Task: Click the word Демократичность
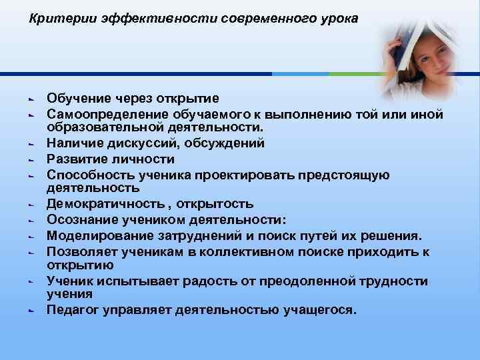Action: (x=101, y=203)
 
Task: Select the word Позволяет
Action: (x=79, y=251)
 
